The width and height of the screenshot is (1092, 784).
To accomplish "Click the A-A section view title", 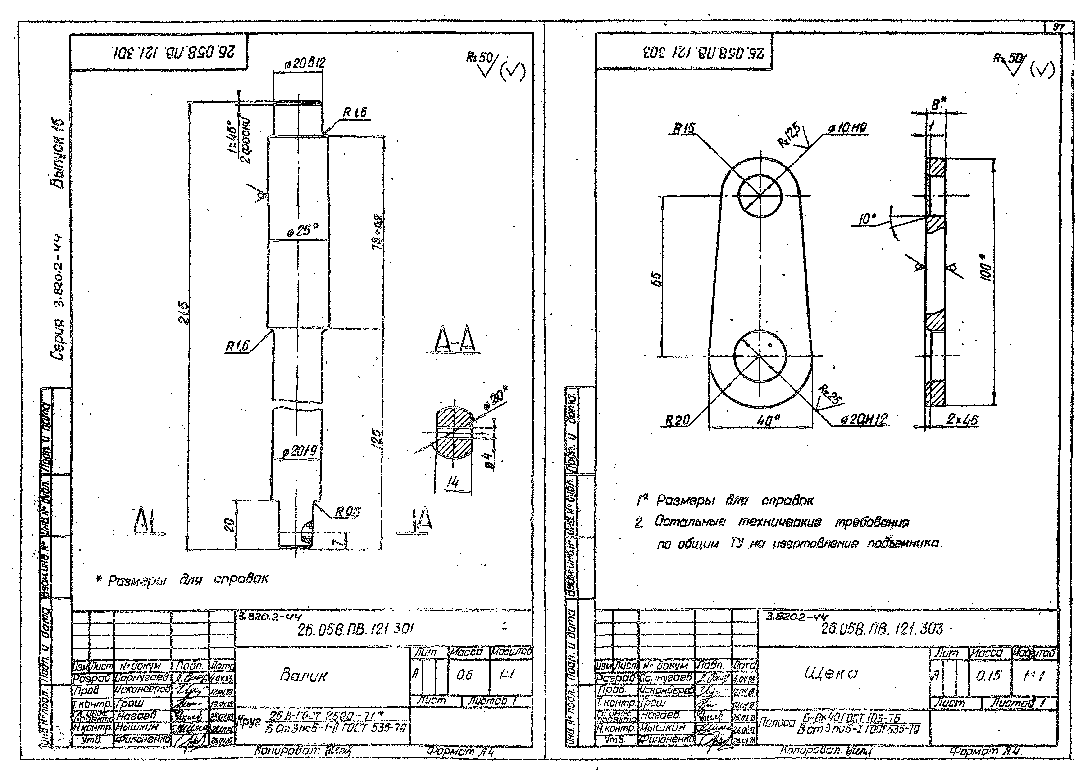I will (454, 340).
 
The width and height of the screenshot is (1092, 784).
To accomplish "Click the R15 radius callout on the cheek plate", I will (684, 129).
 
